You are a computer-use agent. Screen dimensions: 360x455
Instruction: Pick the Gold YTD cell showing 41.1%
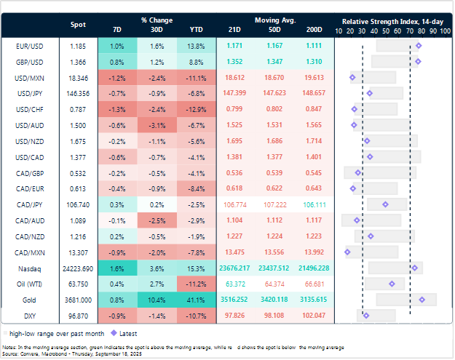click(x=195, y=299)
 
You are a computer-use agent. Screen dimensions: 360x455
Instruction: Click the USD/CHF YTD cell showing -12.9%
click(x=195, y=109)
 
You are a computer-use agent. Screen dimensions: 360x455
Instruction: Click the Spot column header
click(x=77, y=25)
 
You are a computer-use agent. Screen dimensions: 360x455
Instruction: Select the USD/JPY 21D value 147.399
click(x=234, y=93)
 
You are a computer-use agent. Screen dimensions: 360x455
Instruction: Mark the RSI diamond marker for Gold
click(x=422, y=299)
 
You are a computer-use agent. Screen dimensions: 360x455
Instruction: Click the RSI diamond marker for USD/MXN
click(x=352, y=77)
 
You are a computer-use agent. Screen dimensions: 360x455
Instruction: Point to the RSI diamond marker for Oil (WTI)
click(x=392, y=284)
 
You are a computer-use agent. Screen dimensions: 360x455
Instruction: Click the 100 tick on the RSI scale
click(x=443, y=31)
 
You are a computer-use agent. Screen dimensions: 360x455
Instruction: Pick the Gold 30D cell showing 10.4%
click(x=156, y=299)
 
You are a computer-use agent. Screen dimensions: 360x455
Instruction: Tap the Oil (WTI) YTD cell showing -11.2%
click(x=195, y=284)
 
